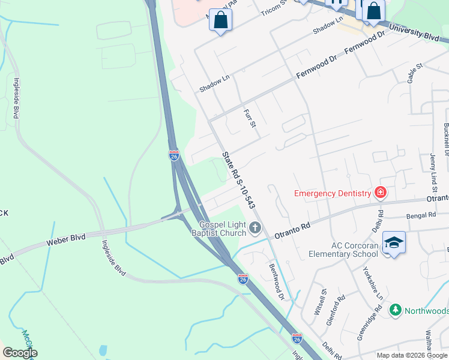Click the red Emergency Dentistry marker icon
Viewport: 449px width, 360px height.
click(x=380, y=193)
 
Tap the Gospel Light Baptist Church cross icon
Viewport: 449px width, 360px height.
click(x=256, y=227)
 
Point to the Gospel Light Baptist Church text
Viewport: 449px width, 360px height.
click(x=223, y=228)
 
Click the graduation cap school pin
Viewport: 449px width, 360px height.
click(x=394, y=242)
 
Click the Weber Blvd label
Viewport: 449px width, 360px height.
click(x=66, y=242)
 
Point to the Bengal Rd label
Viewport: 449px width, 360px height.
click(x=420, y=215)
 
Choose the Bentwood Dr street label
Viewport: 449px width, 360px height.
click(x=276, y=281)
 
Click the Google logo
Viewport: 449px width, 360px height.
click(x=20, y=353)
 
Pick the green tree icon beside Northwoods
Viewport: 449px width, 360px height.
click(x=395, y=310)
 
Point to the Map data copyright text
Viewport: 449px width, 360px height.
click(x=411, y=355)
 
